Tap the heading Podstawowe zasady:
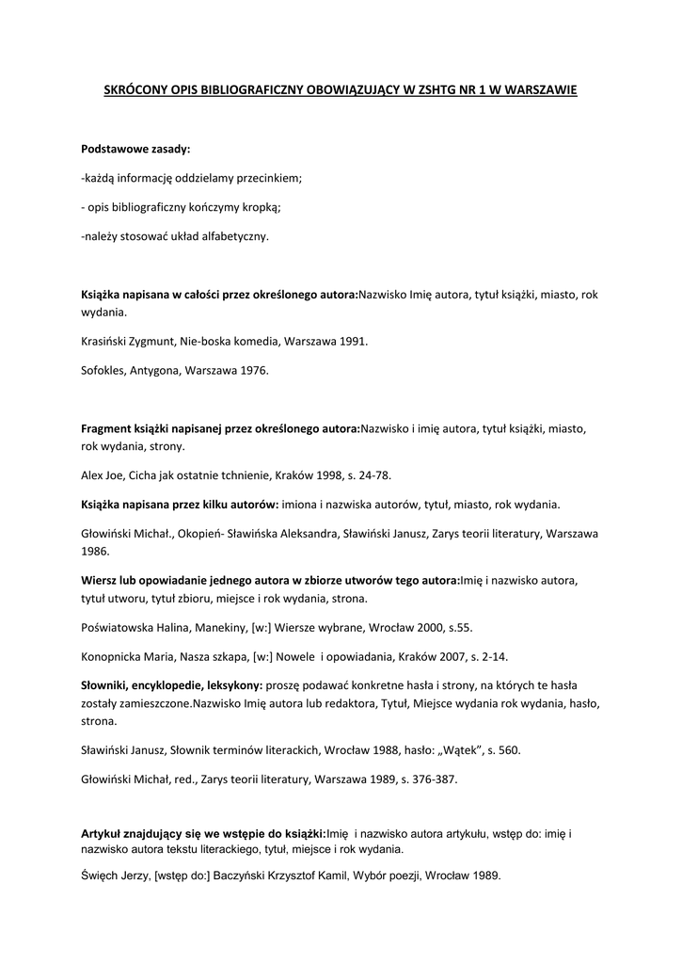click(135, 150)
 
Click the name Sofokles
click(103, 371)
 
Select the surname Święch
click(100, 875)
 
